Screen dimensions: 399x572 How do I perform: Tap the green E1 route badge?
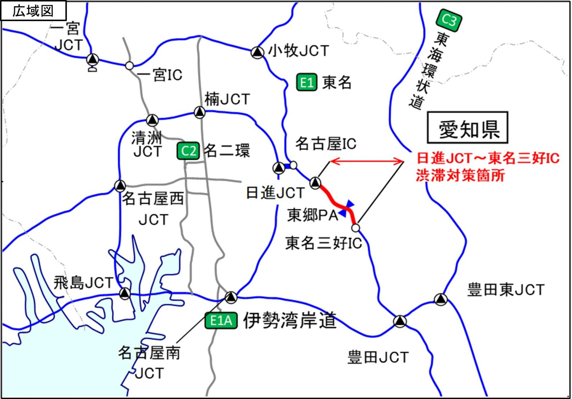tap(307, 83)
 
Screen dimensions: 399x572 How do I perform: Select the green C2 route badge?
tap(188, 151)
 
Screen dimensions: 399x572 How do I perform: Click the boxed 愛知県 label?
tap(467, 128)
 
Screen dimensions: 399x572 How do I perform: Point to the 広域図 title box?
tap(33, 10)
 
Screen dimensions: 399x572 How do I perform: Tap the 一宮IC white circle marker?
tap(130, 66)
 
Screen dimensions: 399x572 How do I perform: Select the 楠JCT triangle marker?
tap(200, 112)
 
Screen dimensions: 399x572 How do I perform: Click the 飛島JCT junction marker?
tap(125, 293)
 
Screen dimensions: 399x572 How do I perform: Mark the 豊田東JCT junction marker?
tap(441, 299)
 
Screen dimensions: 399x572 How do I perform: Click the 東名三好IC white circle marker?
tap(355, 227)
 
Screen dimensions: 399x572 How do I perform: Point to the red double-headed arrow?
tap(367, 161)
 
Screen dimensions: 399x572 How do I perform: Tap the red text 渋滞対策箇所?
tap(460, 176)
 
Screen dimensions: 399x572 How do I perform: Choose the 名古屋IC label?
tap(326, 144)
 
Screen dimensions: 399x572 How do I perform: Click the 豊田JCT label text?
tap(378, 357)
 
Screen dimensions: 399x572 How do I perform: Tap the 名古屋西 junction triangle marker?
tap(120, 186)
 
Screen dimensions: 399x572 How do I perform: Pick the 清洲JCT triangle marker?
tap(153, 119)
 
